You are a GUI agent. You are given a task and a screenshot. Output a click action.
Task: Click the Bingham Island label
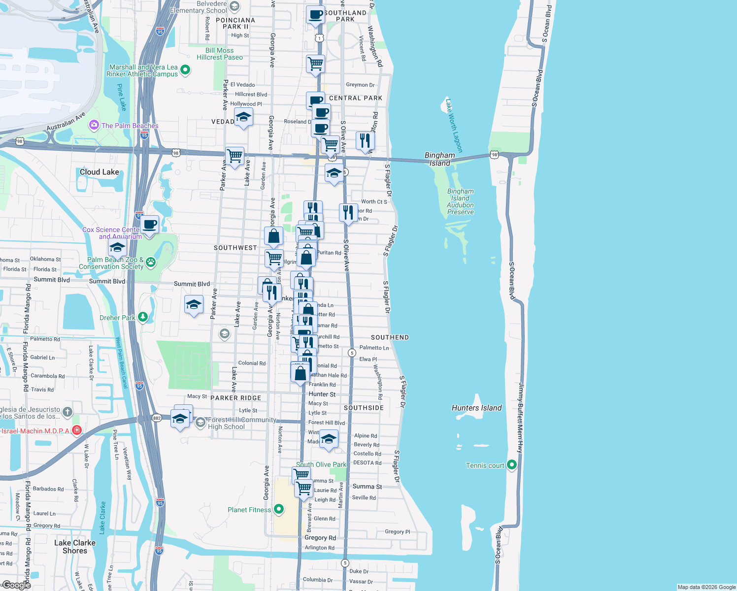439,159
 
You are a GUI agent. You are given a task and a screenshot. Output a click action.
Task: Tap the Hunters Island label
476,408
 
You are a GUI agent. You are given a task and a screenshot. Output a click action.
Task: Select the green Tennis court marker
512,464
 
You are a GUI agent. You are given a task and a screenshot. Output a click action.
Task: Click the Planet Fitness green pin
279,509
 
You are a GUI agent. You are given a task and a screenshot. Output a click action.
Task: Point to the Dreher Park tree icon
143,317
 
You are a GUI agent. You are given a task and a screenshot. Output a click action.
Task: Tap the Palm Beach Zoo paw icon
151,263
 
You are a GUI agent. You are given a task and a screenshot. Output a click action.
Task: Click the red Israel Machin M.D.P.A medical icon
77,431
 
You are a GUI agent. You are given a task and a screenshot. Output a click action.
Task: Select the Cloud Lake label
100,172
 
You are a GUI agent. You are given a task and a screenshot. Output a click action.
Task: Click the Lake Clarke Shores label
75,547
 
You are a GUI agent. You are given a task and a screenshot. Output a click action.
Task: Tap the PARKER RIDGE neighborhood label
236,398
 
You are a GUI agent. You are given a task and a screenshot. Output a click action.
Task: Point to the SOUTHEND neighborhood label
390,337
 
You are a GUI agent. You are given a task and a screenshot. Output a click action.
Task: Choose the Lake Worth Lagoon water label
454,126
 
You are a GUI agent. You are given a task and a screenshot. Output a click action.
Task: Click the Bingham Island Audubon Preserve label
461,201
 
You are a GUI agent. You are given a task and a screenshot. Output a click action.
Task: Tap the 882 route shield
157,418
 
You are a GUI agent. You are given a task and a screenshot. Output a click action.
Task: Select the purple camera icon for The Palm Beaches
94,126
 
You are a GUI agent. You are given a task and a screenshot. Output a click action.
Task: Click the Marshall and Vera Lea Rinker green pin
185,70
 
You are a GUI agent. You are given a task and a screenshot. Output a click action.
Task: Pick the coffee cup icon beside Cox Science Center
150,225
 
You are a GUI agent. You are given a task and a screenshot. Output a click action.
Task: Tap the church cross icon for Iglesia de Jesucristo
67,412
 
